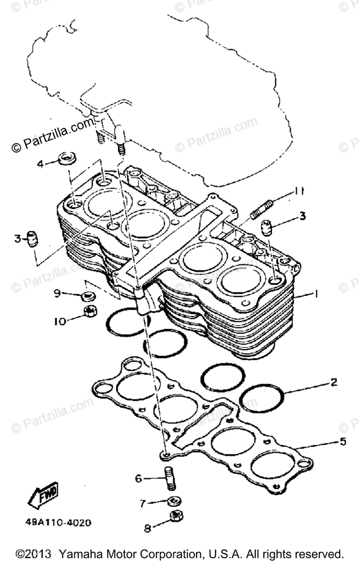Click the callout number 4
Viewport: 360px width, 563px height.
[x=41, y=164]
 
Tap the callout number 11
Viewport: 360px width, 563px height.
[x=299, y=191]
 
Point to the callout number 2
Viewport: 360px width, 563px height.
[x=334, y=383]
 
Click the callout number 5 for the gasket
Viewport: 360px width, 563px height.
[x=343, y=441]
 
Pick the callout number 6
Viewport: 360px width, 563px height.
[x=138, y=479]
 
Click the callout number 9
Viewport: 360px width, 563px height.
[x=57, y=293]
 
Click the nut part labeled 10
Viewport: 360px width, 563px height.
[x=89, y=311]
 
